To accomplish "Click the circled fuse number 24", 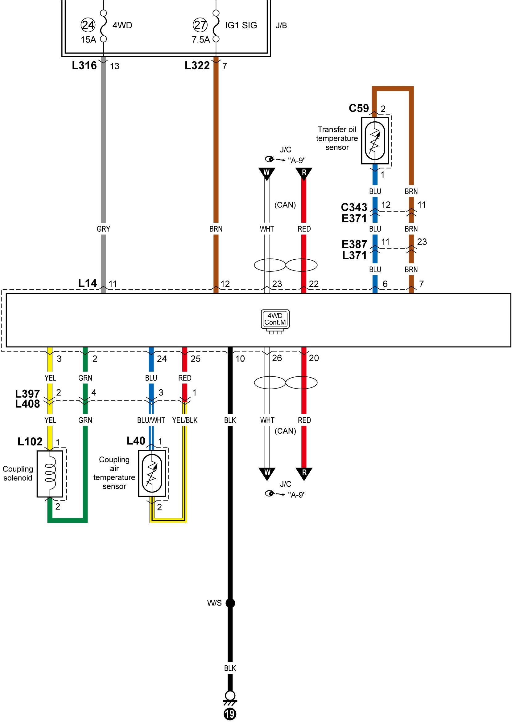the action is (88, 25).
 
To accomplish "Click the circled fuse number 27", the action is (200, 25).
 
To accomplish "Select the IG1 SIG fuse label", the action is (241, 25).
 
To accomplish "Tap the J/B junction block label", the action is (281, 26).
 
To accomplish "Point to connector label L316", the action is (84, 66).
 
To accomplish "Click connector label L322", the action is (197, 66).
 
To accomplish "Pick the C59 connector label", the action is (358, 108).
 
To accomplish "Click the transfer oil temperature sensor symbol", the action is (375, 141).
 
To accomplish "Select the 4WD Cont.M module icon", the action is (275, 320).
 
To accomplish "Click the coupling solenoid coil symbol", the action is (50, 474).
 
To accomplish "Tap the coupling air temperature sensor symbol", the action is (152, 473).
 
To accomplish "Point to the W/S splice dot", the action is (230, 603).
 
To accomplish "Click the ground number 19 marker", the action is (230, 714).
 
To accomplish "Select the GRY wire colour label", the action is (103, 229).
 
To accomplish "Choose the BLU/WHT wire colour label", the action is (151, 420).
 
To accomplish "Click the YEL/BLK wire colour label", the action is (185, 420).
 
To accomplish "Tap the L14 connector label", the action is (87, 283).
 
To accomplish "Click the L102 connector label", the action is (30, 441).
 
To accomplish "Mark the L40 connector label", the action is (136, 440).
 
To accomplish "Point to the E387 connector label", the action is (355, 244).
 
